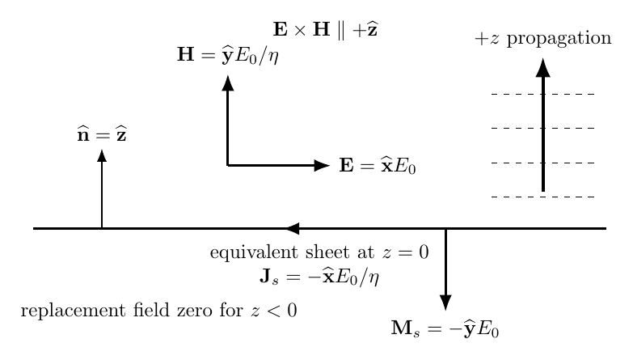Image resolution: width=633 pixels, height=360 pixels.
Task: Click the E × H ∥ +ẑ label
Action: (x=325, y=30)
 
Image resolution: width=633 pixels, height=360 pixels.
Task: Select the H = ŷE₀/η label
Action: (x=228, y=55)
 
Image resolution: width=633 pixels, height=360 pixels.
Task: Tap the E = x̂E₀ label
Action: (x=378, y=166)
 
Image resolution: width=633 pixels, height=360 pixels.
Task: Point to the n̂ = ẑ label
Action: (x=102, y=134)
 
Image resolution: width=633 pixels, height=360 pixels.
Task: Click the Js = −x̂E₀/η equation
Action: (x=319, y=277)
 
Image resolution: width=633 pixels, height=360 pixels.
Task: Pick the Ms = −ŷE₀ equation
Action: (x=445, y=328)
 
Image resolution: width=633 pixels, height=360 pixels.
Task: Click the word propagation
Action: (x=559, y=39)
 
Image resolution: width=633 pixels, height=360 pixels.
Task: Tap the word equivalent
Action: (x=255, y=252)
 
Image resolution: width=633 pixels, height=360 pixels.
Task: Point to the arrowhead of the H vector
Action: (x=228, y=83)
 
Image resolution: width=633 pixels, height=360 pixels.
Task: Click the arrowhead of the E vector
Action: (x=322, y=165)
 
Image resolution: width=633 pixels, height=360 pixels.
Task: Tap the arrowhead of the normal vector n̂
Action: (x=102, y=155)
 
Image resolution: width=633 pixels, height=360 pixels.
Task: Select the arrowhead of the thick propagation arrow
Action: (x=543, y=67)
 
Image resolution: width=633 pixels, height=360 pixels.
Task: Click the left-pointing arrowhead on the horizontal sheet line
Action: (x=293, y=229)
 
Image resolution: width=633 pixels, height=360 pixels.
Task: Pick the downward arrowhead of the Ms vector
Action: (x=445, y=303)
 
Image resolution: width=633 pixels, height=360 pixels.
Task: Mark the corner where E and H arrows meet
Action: (x=228, y=165)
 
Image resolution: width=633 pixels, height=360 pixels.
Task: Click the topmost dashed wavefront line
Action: (x=543, y=94)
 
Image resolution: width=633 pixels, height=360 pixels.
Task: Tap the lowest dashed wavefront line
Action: (x=543, y=197)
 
